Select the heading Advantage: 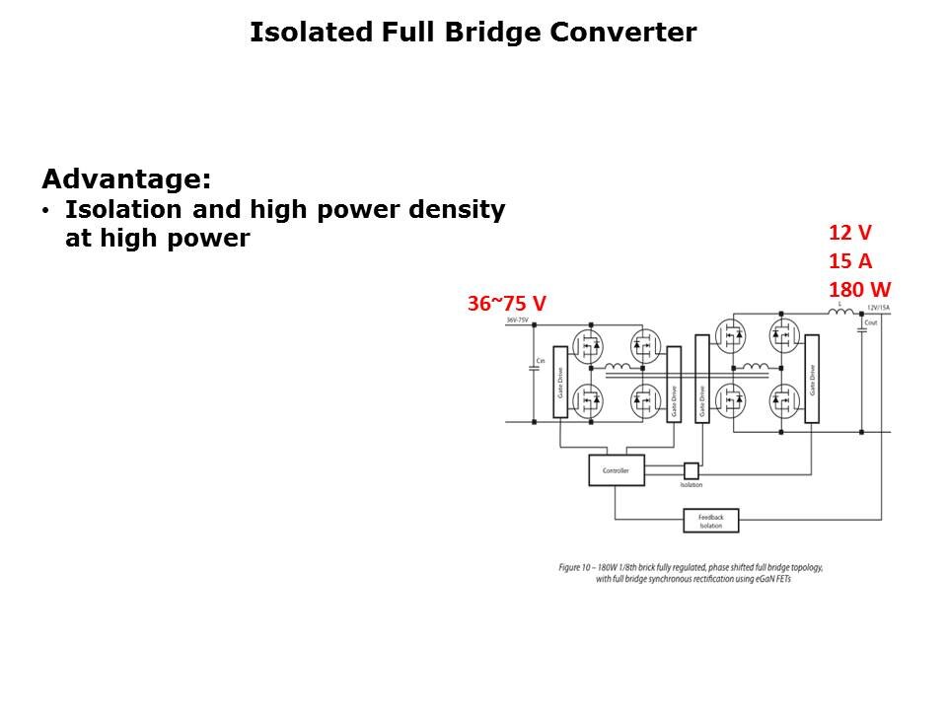pyautogui.click(x=126, y=179)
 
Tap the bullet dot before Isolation pyautogui.click(x=45, y=211)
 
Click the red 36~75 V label pyautogui.click(x=506, y=305)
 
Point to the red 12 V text pyautogui.click(x=849, y=233)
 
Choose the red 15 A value pyautogui.click(x=849, y=261)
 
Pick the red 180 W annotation pyautogui.click(x=859, y=290)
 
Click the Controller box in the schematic pyautogui.click(x=616, y=470)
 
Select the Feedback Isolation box pyautogui.click(x=710, y=521)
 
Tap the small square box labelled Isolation pyautogui.click(x=691, y=471)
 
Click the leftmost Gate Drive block pyautogui.click(x=560, y=382)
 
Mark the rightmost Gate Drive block pyautogui.click(x=812, y=379)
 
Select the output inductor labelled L pyautogui.click(x=841, y=313)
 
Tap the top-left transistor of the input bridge pyautogui.click(x=590, y=345)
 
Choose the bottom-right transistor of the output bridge pyautogui.click(x=783, y=400)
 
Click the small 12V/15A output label pyautogui.click(x=878, y=308)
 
